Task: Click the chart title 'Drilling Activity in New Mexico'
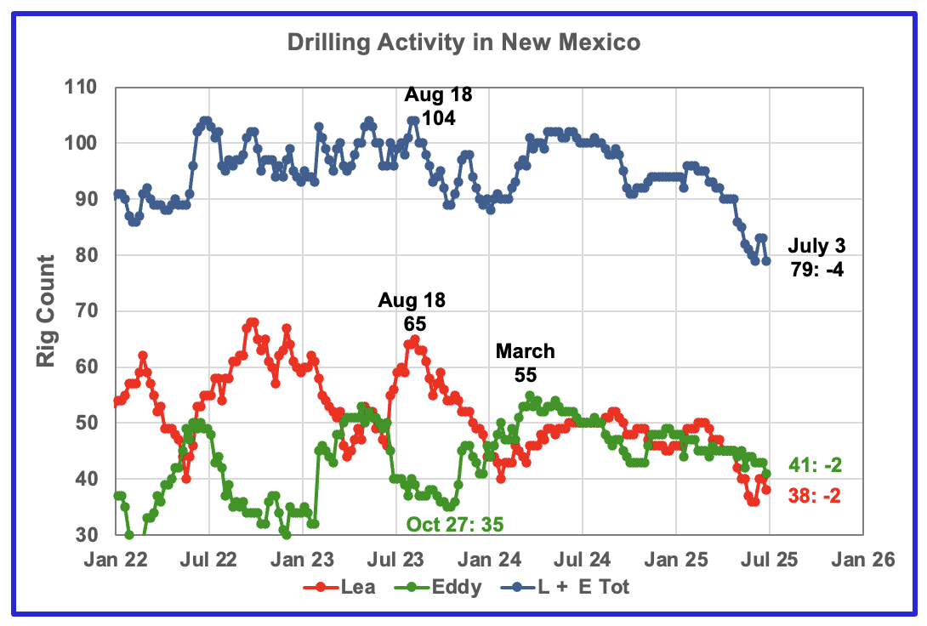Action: pos(463,42)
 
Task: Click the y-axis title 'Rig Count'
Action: pos(47,311)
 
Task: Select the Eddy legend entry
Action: pos(446,586)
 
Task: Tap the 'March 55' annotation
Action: pos(526,362)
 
